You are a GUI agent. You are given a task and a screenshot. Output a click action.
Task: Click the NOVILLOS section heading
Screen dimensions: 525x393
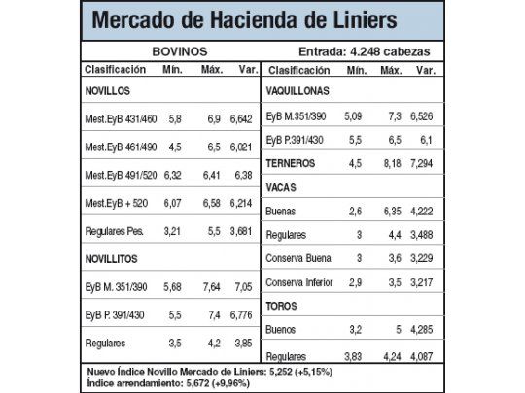pos(107,90)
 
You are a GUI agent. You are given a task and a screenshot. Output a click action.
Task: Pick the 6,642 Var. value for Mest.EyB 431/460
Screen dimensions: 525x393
pos(238,119)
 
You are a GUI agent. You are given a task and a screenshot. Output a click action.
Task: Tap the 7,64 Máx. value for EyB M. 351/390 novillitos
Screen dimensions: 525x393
pos(211,287)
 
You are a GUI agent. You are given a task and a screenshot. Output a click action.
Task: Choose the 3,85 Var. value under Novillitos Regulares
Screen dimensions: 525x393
pos(242,343)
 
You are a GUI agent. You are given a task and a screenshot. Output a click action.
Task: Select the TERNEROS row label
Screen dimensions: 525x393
pos(291,163)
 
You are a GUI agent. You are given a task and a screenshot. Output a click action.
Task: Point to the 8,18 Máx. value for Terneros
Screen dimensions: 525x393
pos(391,164)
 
